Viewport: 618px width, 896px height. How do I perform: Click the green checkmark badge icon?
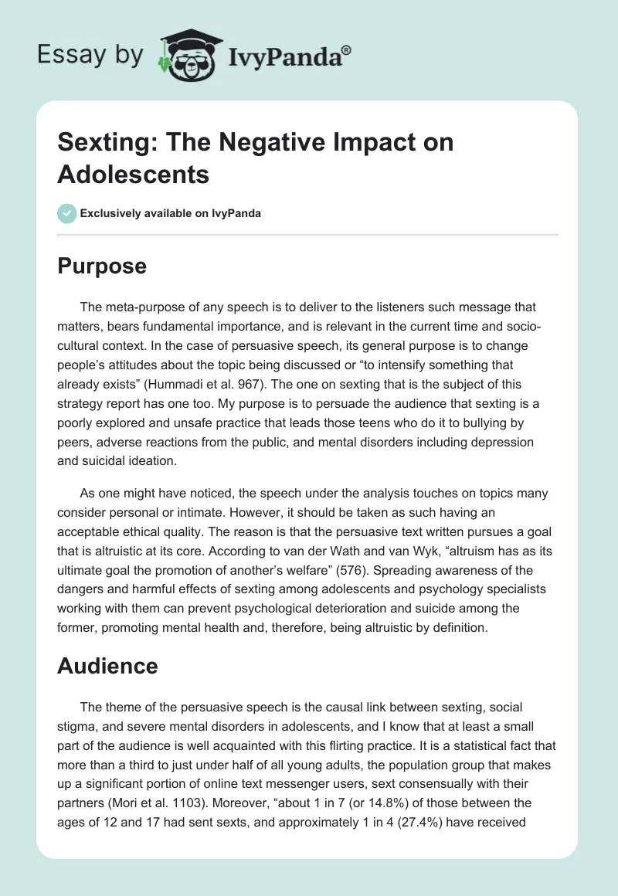pyautogui.click(x=67, y=213)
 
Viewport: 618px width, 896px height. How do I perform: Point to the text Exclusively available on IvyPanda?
pyautogui.click(x=171, y=213)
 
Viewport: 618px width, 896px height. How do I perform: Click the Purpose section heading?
pyautogui.click(x=102, y=266)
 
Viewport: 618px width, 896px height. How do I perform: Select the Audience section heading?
pyautogui.click(x=107, y=665)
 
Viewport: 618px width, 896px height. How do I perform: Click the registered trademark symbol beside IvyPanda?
pyautogui.click(x=347, y=49)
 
